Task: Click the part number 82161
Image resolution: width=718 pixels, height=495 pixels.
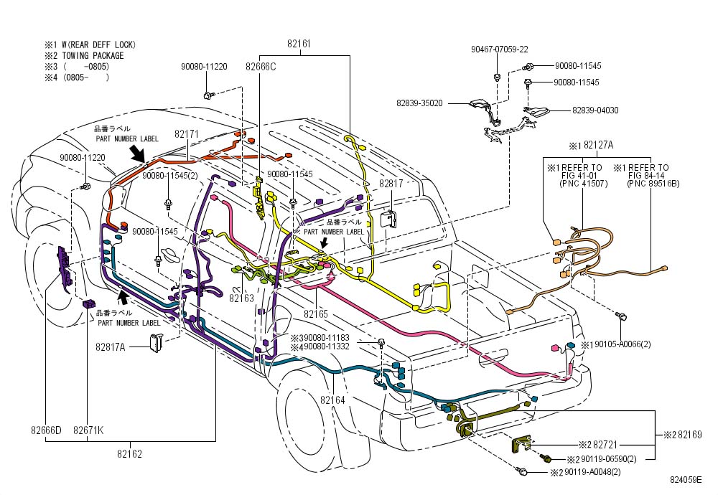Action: [x=299, y=44]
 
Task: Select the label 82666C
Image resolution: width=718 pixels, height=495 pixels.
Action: [x=260, y=66]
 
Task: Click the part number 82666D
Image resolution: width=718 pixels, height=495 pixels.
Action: [x=46, y=430]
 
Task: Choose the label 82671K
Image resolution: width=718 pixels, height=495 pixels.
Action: [x=88, y=430]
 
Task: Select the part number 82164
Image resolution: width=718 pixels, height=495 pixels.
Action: [x=332, y=400]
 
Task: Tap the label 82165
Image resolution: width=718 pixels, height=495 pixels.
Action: [x=315, y=313]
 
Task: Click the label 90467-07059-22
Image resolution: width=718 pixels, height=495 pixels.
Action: [x=500, y=49]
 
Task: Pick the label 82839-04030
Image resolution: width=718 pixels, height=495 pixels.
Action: [x=595, y=110]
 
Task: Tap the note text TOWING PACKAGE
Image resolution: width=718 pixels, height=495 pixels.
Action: [x=93, y=56]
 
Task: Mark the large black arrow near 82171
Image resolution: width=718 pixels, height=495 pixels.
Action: [x=136, y=152]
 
